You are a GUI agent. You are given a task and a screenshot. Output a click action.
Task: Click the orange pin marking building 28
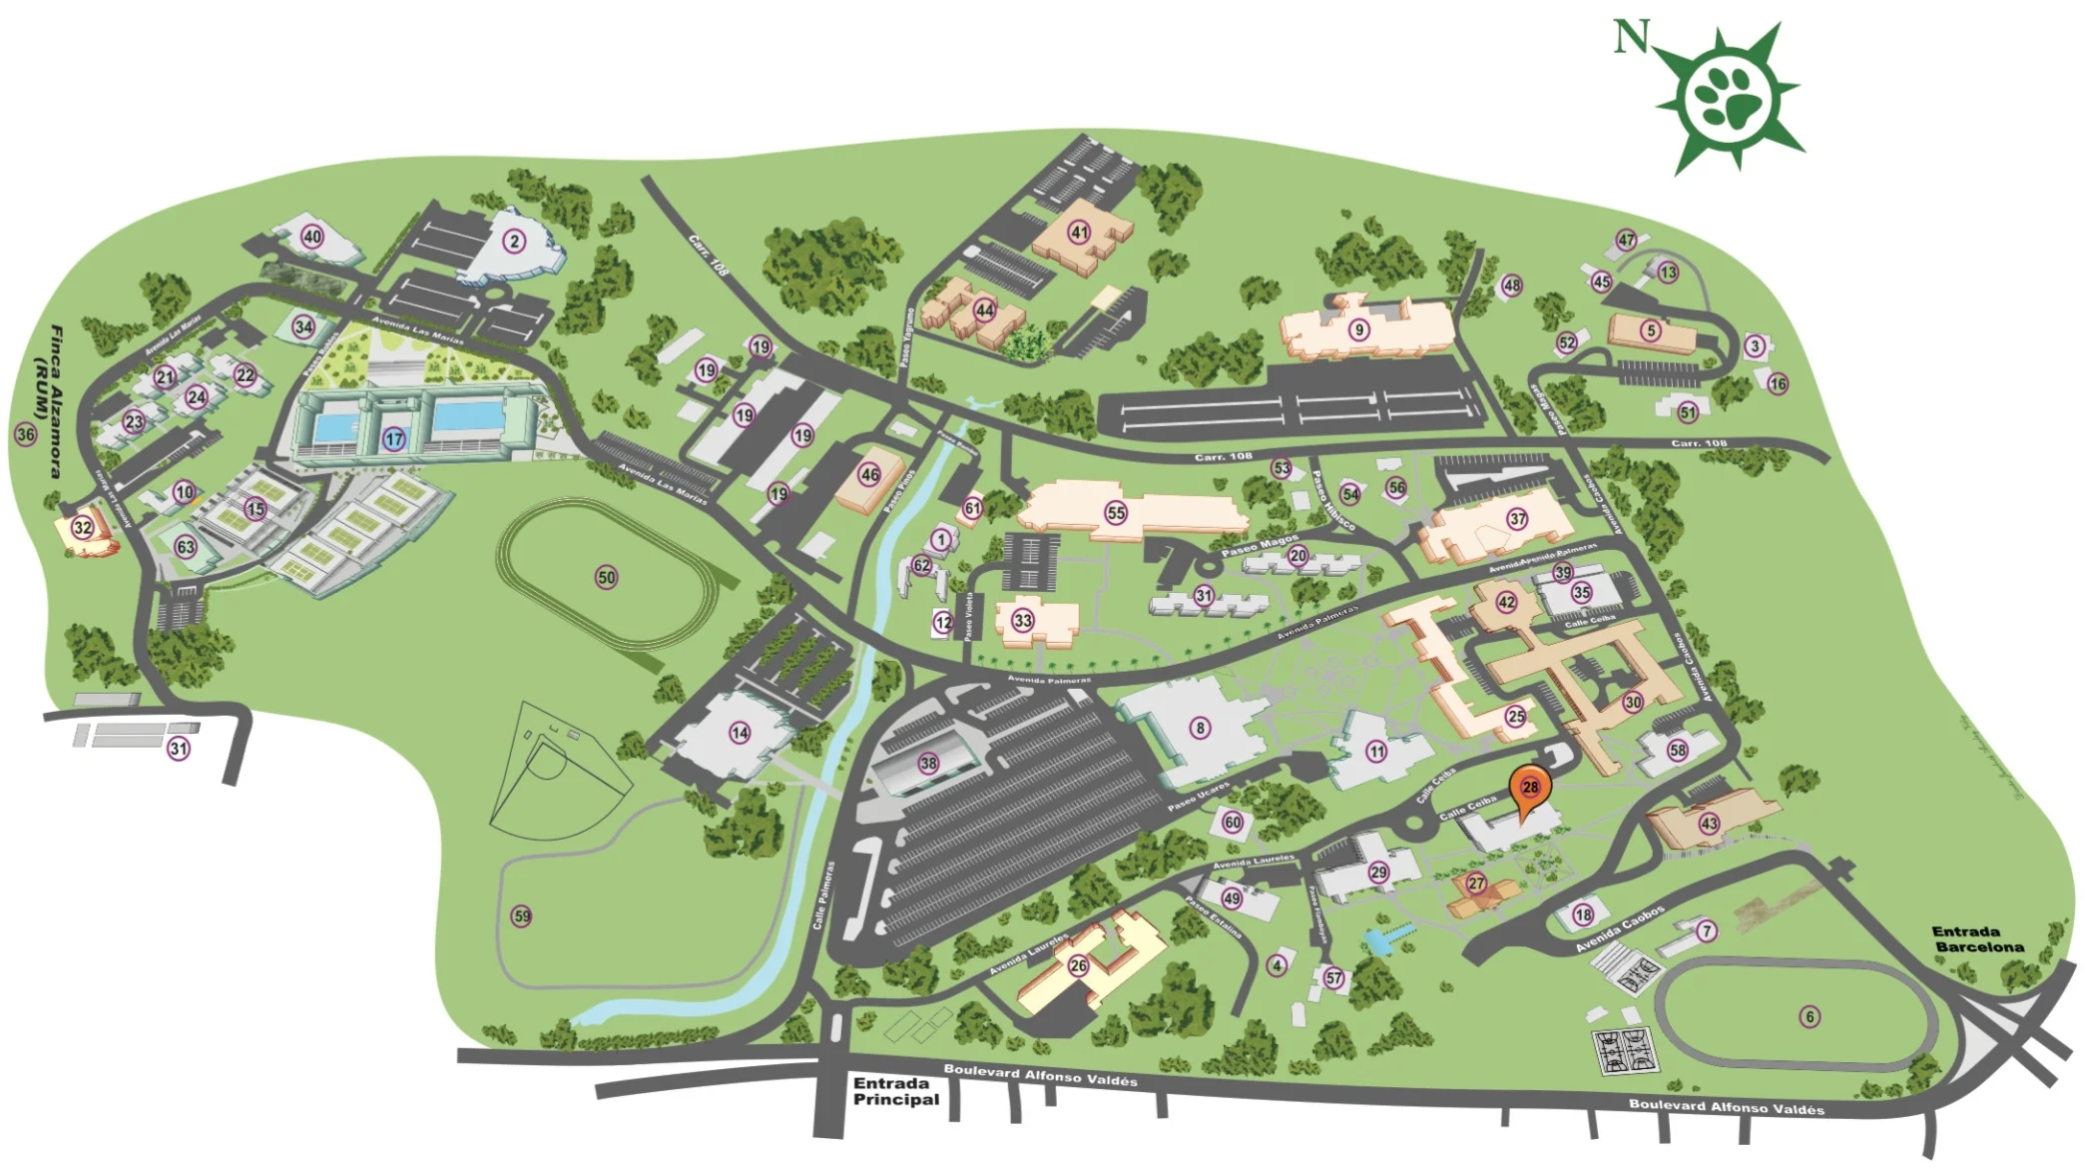pyautogui.click(x=1529, y=788)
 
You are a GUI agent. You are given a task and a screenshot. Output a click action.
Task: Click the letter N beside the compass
pyautogui.click(x=1631, y=38)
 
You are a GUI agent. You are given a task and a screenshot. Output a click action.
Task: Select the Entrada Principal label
pyautogui.click(x=895, y=1091)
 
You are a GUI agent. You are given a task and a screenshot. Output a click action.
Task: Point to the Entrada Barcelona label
pyautogui.click(x=1978, y=939)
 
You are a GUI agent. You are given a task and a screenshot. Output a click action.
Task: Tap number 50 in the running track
pyautogui.click(x=606, y=577)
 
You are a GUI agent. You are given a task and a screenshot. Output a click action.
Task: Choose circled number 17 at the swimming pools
pyautogui.click(x=394, y=439)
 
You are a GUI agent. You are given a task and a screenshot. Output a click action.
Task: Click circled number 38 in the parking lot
pyautogui.click(x=928, y=764)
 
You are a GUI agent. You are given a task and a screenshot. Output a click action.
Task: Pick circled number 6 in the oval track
pyautogui.click(x=1810, y=1017)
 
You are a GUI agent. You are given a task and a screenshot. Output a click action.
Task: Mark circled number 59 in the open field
pyautogui.click(x=521, y=916)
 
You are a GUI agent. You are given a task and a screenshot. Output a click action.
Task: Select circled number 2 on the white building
pyautogui.click(x=514, y=241)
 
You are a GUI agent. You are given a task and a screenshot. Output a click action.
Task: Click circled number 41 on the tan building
pyautogui.click(x=1079, y=233)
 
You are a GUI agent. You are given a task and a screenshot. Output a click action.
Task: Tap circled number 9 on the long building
pyautogui.click(x=1358, y=329)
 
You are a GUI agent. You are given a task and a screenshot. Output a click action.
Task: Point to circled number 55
pyautogui.click(x=1116, y=513)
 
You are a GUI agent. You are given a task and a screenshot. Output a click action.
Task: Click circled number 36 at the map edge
pyautogui.click(x=25, y=434)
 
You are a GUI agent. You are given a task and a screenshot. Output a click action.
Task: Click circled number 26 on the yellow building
pyautogui.click(x=1078, y=965)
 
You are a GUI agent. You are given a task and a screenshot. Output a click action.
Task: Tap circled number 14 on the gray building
pyautogui.click(x=740, y=733)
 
